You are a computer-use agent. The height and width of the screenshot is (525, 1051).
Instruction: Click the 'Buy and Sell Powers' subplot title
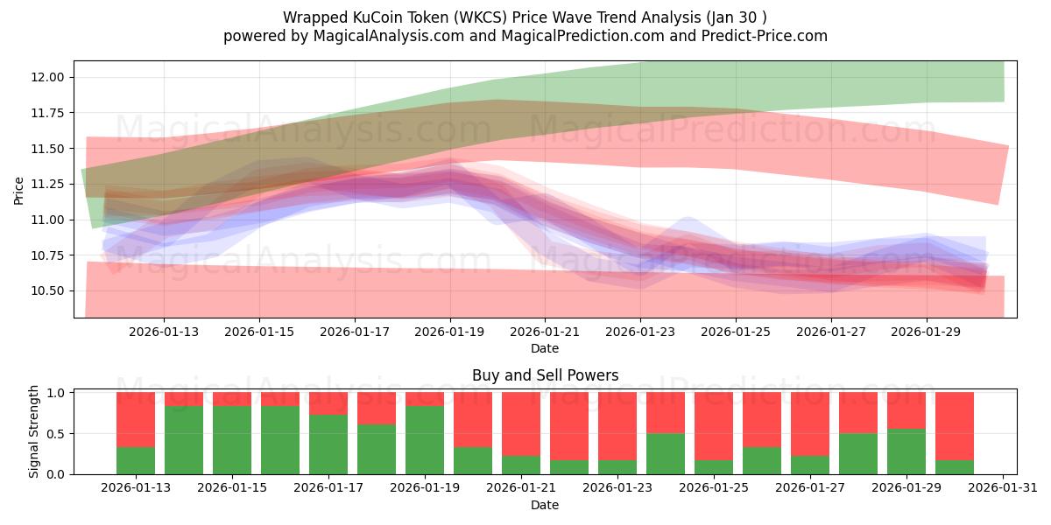[545, 375]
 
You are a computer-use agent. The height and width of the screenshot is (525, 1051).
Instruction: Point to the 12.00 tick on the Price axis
[46, 77]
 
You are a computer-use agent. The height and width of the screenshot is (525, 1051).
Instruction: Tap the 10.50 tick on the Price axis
[46, 290]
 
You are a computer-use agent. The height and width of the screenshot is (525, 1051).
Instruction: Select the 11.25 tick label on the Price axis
[46, 184]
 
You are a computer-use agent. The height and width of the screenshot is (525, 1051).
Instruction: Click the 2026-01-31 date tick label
[1002, 488]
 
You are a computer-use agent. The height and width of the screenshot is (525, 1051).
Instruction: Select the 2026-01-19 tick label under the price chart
[450, 332]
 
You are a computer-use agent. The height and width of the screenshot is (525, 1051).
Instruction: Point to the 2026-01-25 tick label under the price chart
[736, 332]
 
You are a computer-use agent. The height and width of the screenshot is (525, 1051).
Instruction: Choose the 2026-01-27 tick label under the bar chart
[810, 488]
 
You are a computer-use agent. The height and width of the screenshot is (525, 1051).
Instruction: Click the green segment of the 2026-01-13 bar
[136, 460]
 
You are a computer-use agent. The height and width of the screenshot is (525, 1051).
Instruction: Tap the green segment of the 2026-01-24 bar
[666, 453]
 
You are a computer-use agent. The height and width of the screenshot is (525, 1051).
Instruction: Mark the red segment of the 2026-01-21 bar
[521, 423]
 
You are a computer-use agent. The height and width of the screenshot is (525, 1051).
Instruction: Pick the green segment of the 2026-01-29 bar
[906, 451]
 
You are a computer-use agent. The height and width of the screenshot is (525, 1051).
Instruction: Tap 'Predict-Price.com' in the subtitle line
[766, 36]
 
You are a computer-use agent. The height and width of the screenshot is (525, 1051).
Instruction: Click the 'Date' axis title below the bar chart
[545, 505]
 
